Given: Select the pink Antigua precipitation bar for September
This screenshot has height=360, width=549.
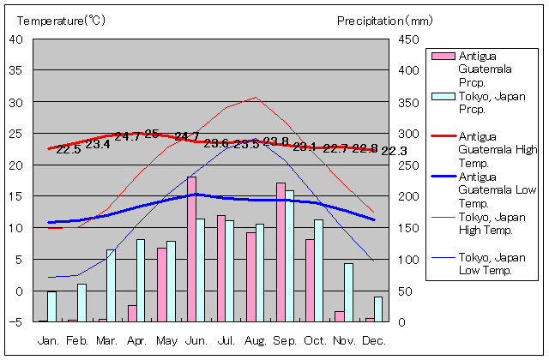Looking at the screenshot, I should (x=281, y=252).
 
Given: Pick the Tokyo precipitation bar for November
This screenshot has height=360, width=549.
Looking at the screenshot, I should (x=349, y=292).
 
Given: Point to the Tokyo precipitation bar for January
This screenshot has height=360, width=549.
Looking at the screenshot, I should (x=51, y=307).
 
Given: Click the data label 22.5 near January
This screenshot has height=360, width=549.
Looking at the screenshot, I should (x=68, y=149).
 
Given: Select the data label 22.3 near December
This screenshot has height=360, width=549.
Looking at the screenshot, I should (x=394, y=152).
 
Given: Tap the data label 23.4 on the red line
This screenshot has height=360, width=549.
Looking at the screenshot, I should (x=98, y=144).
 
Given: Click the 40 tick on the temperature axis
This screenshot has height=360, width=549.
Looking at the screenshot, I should (x=15, y=39).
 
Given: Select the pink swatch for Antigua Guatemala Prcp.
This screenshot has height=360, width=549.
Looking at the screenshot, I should (x=442, y=57).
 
